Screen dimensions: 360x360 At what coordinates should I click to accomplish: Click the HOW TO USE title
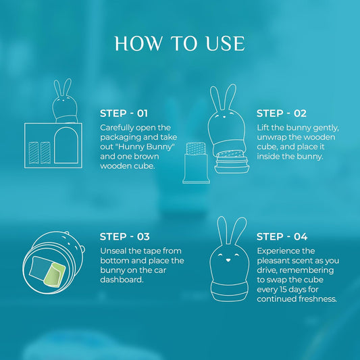(180, 43)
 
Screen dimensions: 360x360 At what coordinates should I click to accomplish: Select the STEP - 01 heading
(124, 113)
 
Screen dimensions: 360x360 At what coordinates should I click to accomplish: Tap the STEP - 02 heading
(282, 113)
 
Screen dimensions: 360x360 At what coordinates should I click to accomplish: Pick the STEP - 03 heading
(124, 236)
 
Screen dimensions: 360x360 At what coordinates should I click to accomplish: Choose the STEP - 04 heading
(282, 236)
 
